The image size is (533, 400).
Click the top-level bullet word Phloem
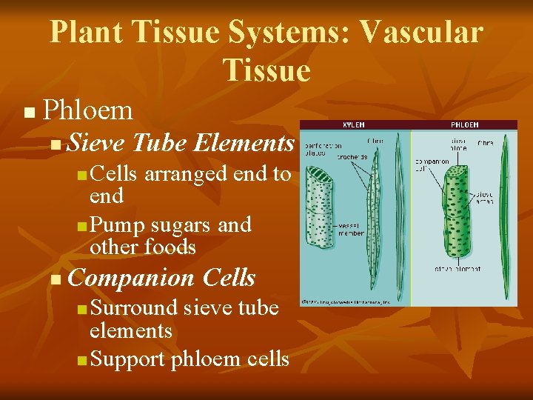88,110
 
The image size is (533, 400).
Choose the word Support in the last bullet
127,359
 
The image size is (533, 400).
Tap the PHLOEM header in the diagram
463,125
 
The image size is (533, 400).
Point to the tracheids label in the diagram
354,156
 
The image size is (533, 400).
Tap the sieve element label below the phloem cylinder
459,268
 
